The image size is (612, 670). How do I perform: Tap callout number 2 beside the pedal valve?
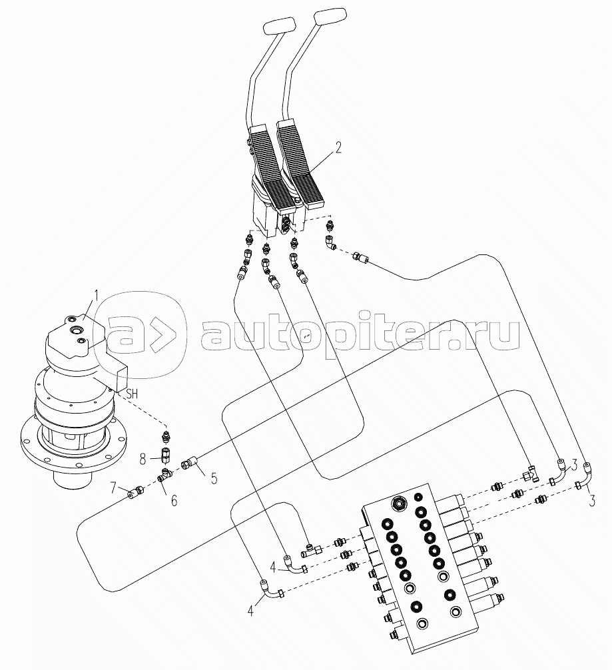(338, 148)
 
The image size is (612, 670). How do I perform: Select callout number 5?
(214, 478)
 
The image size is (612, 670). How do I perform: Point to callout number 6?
(173, 500)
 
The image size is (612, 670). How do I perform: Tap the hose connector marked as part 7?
(137, 492)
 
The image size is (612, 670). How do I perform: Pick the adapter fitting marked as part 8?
(164, 456)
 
